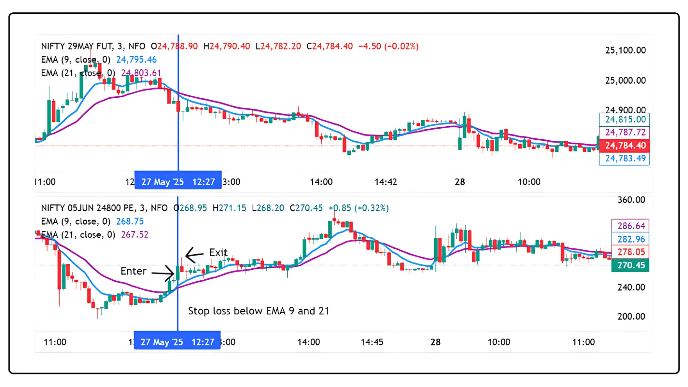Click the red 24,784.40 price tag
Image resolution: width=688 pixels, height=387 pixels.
624,146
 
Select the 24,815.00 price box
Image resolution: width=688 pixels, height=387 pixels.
624,120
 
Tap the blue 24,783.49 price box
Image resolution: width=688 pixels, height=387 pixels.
624,159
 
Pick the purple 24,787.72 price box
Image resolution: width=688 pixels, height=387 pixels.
624,132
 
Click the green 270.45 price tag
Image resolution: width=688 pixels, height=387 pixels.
630,265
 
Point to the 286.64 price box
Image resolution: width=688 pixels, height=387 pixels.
630,226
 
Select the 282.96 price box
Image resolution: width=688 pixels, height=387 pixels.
630,239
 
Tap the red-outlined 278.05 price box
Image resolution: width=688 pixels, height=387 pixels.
630,252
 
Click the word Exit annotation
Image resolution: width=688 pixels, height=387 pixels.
218,252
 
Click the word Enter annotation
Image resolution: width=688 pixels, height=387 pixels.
133,271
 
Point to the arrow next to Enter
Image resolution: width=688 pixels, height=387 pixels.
163,273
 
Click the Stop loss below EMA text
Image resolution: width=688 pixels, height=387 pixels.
258,311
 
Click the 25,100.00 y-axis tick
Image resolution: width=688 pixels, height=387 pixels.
625,50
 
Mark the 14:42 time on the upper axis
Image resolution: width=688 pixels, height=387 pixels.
385,182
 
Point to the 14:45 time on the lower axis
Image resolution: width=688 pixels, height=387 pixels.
372,342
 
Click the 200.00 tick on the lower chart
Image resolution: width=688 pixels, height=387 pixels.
631,316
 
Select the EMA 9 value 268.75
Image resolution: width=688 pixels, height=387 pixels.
130,221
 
